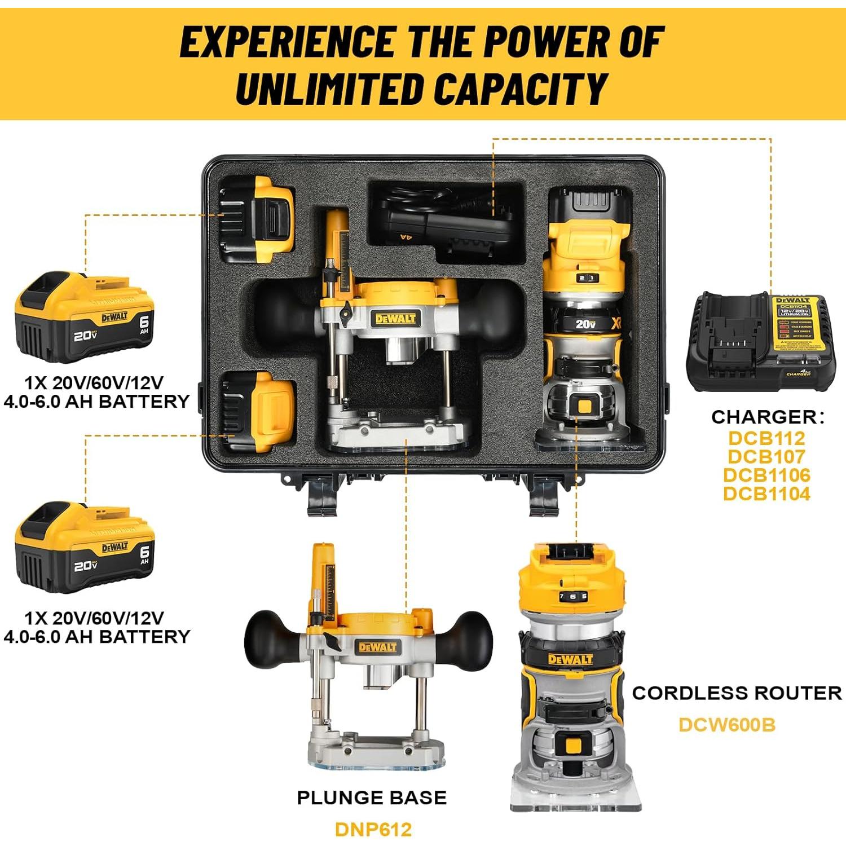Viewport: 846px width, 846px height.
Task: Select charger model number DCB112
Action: tap(766, 438)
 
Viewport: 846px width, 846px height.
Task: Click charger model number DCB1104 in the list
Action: tap(766, 493)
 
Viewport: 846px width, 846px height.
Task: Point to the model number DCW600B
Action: tap(726, 724)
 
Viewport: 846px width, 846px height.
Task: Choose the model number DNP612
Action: tap(373, 829)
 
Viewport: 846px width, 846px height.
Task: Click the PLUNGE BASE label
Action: tap(372, 797)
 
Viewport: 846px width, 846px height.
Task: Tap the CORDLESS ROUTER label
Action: tap(736, 693)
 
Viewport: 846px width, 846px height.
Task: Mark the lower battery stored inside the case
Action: tap(258, 412)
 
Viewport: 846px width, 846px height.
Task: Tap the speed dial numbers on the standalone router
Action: tap(572, 596)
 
